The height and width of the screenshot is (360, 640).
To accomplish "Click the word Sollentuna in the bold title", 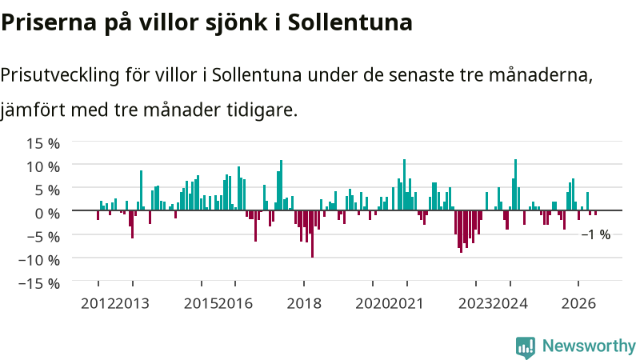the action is pos(350,22).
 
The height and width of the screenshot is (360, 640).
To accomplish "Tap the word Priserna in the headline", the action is pos(49,22).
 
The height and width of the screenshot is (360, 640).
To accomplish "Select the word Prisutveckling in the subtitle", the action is pos(59,75).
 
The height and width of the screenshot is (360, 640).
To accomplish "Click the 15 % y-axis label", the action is pos(43,144).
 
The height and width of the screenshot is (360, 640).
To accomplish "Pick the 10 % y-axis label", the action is pos(43,167).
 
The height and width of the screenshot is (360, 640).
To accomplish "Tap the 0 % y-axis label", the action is pos(47,214).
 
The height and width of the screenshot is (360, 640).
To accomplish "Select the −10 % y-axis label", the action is pos(39,260).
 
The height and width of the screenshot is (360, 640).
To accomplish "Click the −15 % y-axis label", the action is pos(39,283).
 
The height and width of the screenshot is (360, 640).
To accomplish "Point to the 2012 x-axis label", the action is pos(98,304).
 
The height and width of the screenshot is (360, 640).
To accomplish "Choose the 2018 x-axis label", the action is pos(304,304).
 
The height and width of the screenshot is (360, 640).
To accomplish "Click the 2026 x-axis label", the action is pos(578,304).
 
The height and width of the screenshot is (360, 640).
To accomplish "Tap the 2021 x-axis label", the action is pos(406,304).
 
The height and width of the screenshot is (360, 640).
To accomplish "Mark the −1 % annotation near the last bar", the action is pos(596,234).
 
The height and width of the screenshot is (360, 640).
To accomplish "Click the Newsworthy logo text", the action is pos(589,346).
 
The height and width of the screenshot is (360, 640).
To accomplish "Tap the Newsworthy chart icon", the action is pos(526,347).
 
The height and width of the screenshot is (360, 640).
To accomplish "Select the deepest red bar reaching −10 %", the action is pos(312,234).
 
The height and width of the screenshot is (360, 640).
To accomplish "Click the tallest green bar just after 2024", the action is pos(515,185).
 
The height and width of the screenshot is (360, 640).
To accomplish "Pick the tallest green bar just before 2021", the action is pos(405,185).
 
